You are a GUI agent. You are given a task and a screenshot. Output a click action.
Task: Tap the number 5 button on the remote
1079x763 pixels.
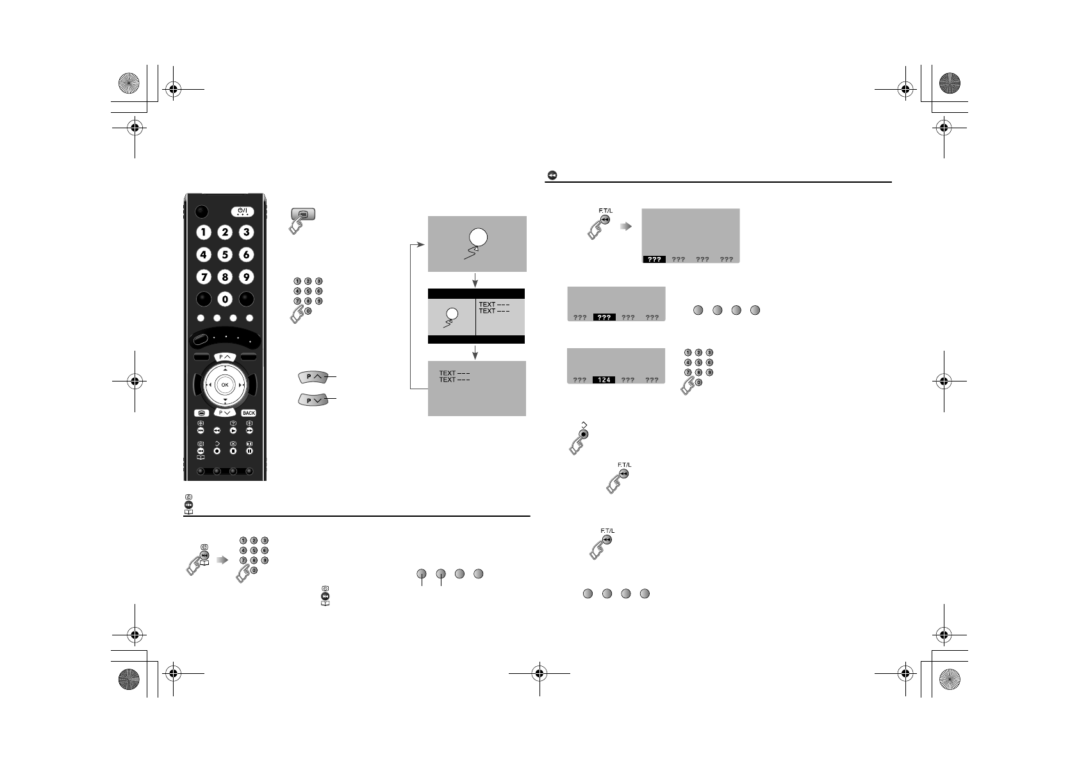225,255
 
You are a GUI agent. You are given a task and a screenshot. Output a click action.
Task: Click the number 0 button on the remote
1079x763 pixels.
225,299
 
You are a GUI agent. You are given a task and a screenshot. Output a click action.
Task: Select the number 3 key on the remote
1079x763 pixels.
246,232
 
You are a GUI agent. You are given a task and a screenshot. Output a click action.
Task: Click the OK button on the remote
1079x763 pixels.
225,385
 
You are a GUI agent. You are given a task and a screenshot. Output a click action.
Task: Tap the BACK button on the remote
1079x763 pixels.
249,413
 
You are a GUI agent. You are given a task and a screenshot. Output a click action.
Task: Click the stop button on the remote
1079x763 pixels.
233,451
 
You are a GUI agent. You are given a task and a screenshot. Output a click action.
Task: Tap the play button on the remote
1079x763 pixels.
233,430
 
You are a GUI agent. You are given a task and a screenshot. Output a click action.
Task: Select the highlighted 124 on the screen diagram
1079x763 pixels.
604,380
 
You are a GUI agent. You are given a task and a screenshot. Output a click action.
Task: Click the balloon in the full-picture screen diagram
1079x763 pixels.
479,237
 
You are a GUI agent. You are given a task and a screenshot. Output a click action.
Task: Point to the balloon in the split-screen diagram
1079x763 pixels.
452,314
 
